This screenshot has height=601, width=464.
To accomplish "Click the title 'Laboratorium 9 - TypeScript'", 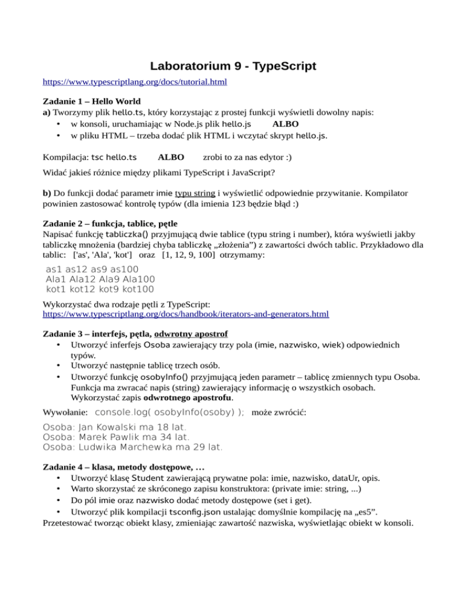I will [x=232, y=65].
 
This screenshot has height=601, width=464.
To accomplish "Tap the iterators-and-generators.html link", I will [x=187, y=314].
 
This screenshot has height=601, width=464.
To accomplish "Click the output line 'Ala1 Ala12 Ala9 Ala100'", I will [x=100, y=279].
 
